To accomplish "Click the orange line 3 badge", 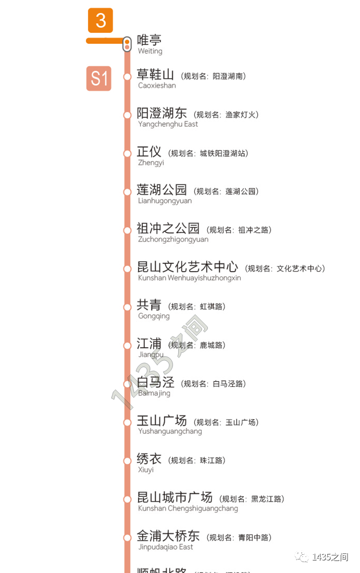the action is pos(101,21).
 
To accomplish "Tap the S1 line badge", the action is pos(99,78).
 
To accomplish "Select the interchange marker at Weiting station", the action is pos(127,44).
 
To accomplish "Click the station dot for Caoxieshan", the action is pos(127,77).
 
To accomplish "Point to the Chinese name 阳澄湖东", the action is pos(162,113).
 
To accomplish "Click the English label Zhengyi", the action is pos(151,163).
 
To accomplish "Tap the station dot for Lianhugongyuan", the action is pos(127,192).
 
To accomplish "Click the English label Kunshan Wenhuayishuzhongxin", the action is pos(189,278).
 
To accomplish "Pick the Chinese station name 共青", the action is pos(149,305).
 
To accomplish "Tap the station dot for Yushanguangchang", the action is pos(127,422).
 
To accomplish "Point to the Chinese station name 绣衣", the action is pos(149,459).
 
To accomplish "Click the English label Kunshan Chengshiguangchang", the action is pos(188,508).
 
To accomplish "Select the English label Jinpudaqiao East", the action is pos(165,547).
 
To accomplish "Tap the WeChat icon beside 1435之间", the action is pos(302,557).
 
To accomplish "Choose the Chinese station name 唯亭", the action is pos(149,40).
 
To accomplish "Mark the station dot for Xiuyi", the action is pos(127,461).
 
